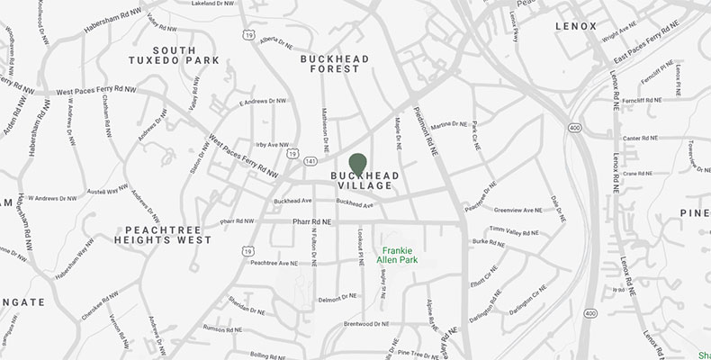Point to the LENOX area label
(576, 27)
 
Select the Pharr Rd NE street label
(312, 220)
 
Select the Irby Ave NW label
(272, 144)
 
